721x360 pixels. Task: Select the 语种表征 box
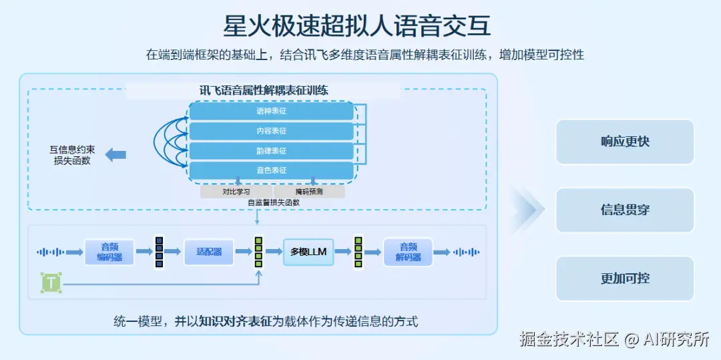[271, 111]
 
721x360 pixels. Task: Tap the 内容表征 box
[271, 131]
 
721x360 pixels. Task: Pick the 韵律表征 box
[271, 151]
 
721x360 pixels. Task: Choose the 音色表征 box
[271, 170]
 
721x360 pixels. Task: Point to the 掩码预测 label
[309, 192]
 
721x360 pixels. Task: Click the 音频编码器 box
[109, 252]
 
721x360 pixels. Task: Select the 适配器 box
[209, 252]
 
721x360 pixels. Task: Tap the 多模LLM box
[308, 252]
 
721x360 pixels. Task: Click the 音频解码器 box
[408, 252]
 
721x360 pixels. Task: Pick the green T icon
[51, 283]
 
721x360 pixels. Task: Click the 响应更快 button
[625, 142]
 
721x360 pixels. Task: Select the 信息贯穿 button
[625, 210]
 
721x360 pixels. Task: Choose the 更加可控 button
[625, 279]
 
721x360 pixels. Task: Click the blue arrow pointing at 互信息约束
[115, 154]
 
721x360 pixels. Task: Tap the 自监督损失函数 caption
[273, 202]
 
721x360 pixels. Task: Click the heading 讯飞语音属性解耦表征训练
[264, 90]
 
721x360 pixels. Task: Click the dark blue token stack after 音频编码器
[159, 252]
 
